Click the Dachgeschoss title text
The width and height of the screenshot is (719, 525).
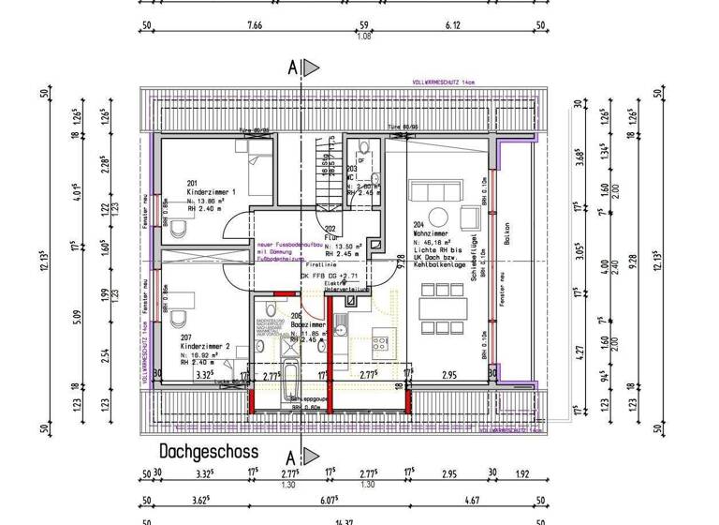[208, 451]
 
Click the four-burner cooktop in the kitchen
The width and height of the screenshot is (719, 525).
[381, 342]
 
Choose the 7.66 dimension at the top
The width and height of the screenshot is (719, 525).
[254, 26]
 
